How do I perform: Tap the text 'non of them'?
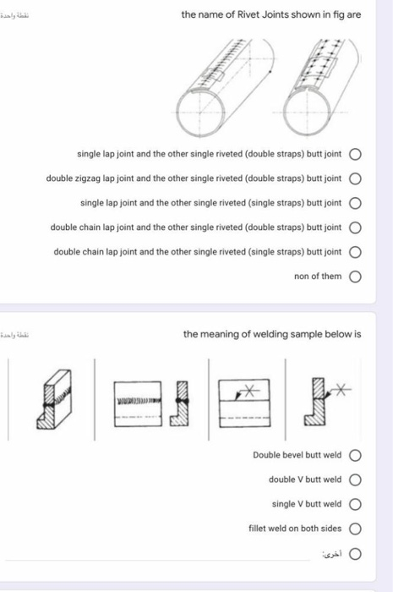pyautogui.click(x=318, y=277)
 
